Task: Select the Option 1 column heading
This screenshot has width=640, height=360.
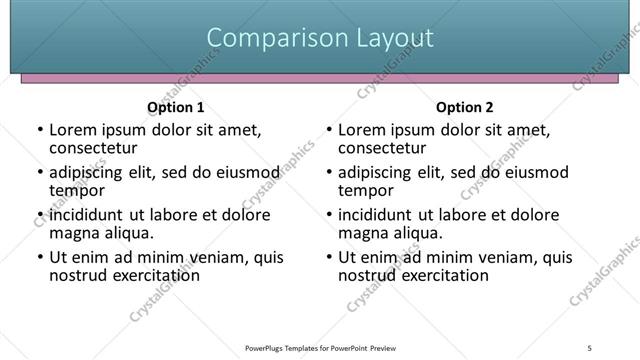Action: (175, 107)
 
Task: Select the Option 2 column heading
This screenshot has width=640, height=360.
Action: (465, 107)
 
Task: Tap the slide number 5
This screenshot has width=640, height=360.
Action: (590, 347)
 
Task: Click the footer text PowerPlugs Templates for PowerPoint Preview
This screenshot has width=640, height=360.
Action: (320, 347)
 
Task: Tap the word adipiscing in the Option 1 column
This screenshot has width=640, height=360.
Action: (88, 172)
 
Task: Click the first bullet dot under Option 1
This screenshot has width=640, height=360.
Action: (40, 130)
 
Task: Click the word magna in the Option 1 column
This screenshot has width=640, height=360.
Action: (74, 233)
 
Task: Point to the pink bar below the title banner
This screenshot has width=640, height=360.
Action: (320, 77)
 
